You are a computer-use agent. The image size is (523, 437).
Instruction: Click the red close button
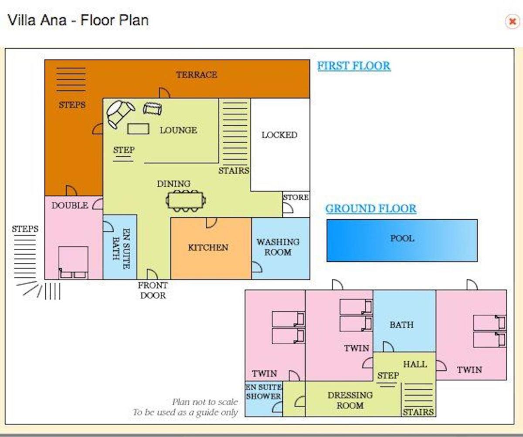(x=513, y=21)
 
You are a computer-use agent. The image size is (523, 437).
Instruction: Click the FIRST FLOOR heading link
(x=354, y=66)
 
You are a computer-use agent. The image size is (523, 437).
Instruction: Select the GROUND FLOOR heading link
(x=371, y=208)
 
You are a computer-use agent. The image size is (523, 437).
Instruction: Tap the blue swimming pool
(x=402, y=241)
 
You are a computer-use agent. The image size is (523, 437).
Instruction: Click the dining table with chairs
(x=186, y=201)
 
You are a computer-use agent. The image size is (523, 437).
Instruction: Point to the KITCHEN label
(x=208, y=248)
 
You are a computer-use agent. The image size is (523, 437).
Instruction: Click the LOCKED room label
(x=279, y=135)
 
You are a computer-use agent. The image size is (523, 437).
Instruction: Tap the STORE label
(x=296, y=197)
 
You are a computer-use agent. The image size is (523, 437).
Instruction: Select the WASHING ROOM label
(x=278, y=247)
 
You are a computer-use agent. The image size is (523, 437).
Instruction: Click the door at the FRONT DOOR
(x=152, y=274)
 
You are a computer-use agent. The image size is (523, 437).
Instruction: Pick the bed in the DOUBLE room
(x=73, y=262)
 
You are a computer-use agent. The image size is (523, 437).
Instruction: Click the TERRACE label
(x=197, y=75)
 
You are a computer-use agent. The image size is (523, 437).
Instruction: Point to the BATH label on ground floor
(x=401, y=325)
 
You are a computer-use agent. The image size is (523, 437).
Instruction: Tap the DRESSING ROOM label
(x=350, y=400)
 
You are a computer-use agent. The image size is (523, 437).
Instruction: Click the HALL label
(x=415, y=364)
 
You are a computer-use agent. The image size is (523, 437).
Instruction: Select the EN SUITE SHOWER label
(x=264, y=392)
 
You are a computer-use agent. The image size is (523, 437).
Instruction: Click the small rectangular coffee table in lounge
(x=138, y=129)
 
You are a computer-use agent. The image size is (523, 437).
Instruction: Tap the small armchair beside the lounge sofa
(x=152, y=109)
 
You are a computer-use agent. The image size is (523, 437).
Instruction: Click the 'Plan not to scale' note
(x=205, y=402)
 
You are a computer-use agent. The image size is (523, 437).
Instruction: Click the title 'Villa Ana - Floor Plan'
(x=78, y=20)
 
